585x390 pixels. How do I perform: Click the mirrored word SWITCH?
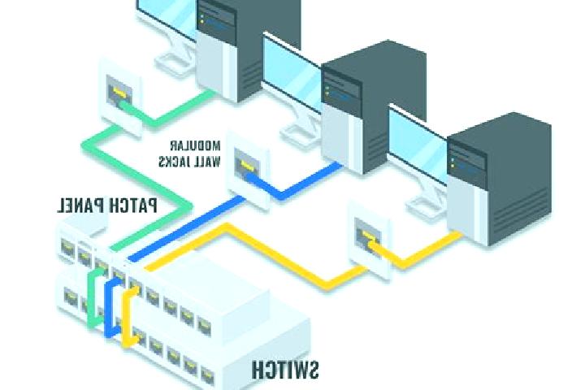tap(285, 370)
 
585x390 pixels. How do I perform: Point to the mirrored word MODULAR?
tap(196, 145)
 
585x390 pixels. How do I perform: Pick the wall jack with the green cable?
tap(120, 97)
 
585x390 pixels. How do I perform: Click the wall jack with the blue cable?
tap(248, 169)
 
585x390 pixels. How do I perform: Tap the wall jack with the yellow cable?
tap(370, 239)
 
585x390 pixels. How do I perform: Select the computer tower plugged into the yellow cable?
tap(499, 179)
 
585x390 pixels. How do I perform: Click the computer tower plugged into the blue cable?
tap(373, 107)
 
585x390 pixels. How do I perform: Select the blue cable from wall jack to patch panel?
tap(187, 227)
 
